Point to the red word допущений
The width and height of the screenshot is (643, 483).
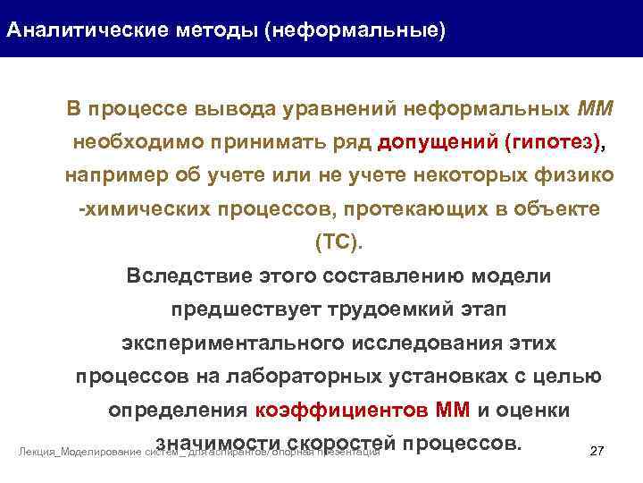(438, 142)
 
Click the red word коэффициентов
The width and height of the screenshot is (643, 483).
(342, 411)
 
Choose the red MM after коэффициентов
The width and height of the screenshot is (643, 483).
(454, 411)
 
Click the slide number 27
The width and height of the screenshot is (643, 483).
(598, 452)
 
